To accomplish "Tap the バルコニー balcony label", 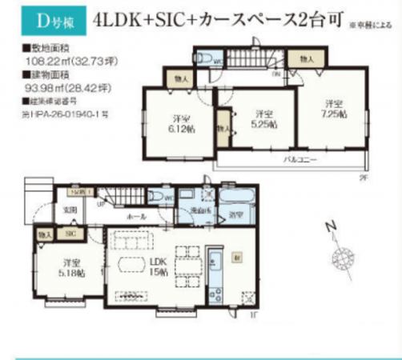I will pos(301,161).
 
